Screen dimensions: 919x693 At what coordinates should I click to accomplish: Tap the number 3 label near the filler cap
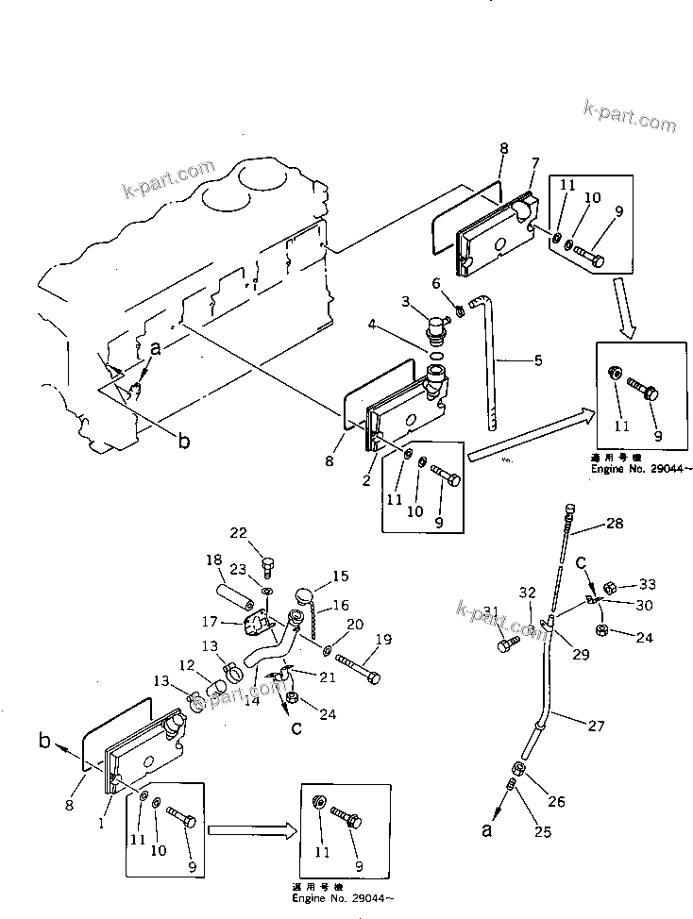coord(405,301)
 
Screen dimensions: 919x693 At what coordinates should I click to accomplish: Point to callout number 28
coord(615,523)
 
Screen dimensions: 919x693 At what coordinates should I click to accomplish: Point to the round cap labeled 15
coord(304,597)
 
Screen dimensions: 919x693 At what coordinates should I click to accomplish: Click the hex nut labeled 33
coord(610,587)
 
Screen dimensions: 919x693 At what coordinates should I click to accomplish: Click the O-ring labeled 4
coord(438,357)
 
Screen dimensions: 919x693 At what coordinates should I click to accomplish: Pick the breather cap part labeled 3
coord(436,329)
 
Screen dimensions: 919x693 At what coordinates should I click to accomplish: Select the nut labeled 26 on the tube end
coord(519,769)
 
